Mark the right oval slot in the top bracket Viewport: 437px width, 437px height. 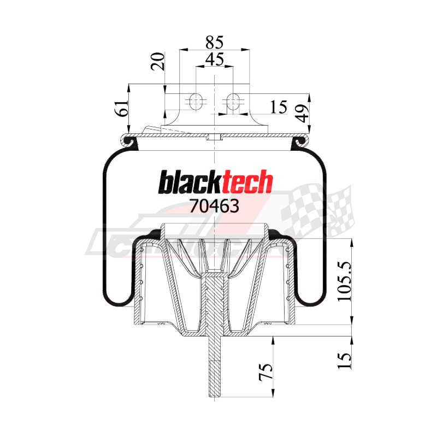pos(233,101)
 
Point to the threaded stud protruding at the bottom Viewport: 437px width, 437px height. pos(215,371)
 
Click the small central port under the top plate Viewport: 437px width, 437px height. pos(215,137)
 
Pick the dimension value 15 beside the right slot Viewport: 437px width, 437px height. pos(279,108)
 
